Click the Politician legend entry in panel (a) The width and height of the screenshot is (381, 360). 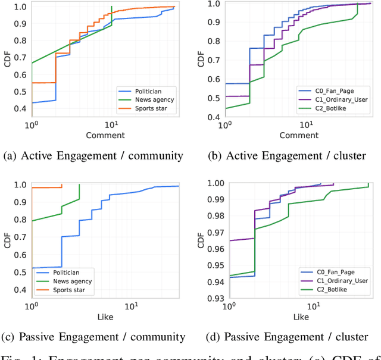click(x=150, y=91)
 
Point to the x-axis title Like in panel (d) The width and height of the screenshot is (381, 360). click(x=301, y=317)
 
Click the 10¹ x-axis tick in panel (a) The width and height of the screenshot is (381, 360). click(x=111, y=126)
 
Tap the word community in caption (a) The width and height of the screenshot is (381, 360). click(x=155, y=156)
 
